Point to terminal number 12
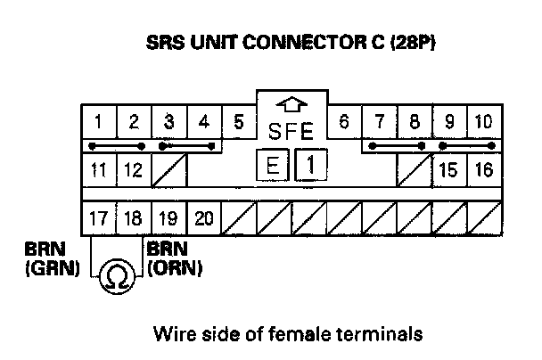click(x=132, y=169)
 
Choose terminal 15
click(x=448, y=169)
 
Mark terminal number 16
click(x=483, y=169)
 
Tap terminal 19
click(x=168, y=217)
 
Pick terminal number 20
click(x=202, y=217)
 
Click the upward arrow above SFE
click(x=291, y=102)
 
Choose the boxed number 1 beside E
click(x=308, y=165)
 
